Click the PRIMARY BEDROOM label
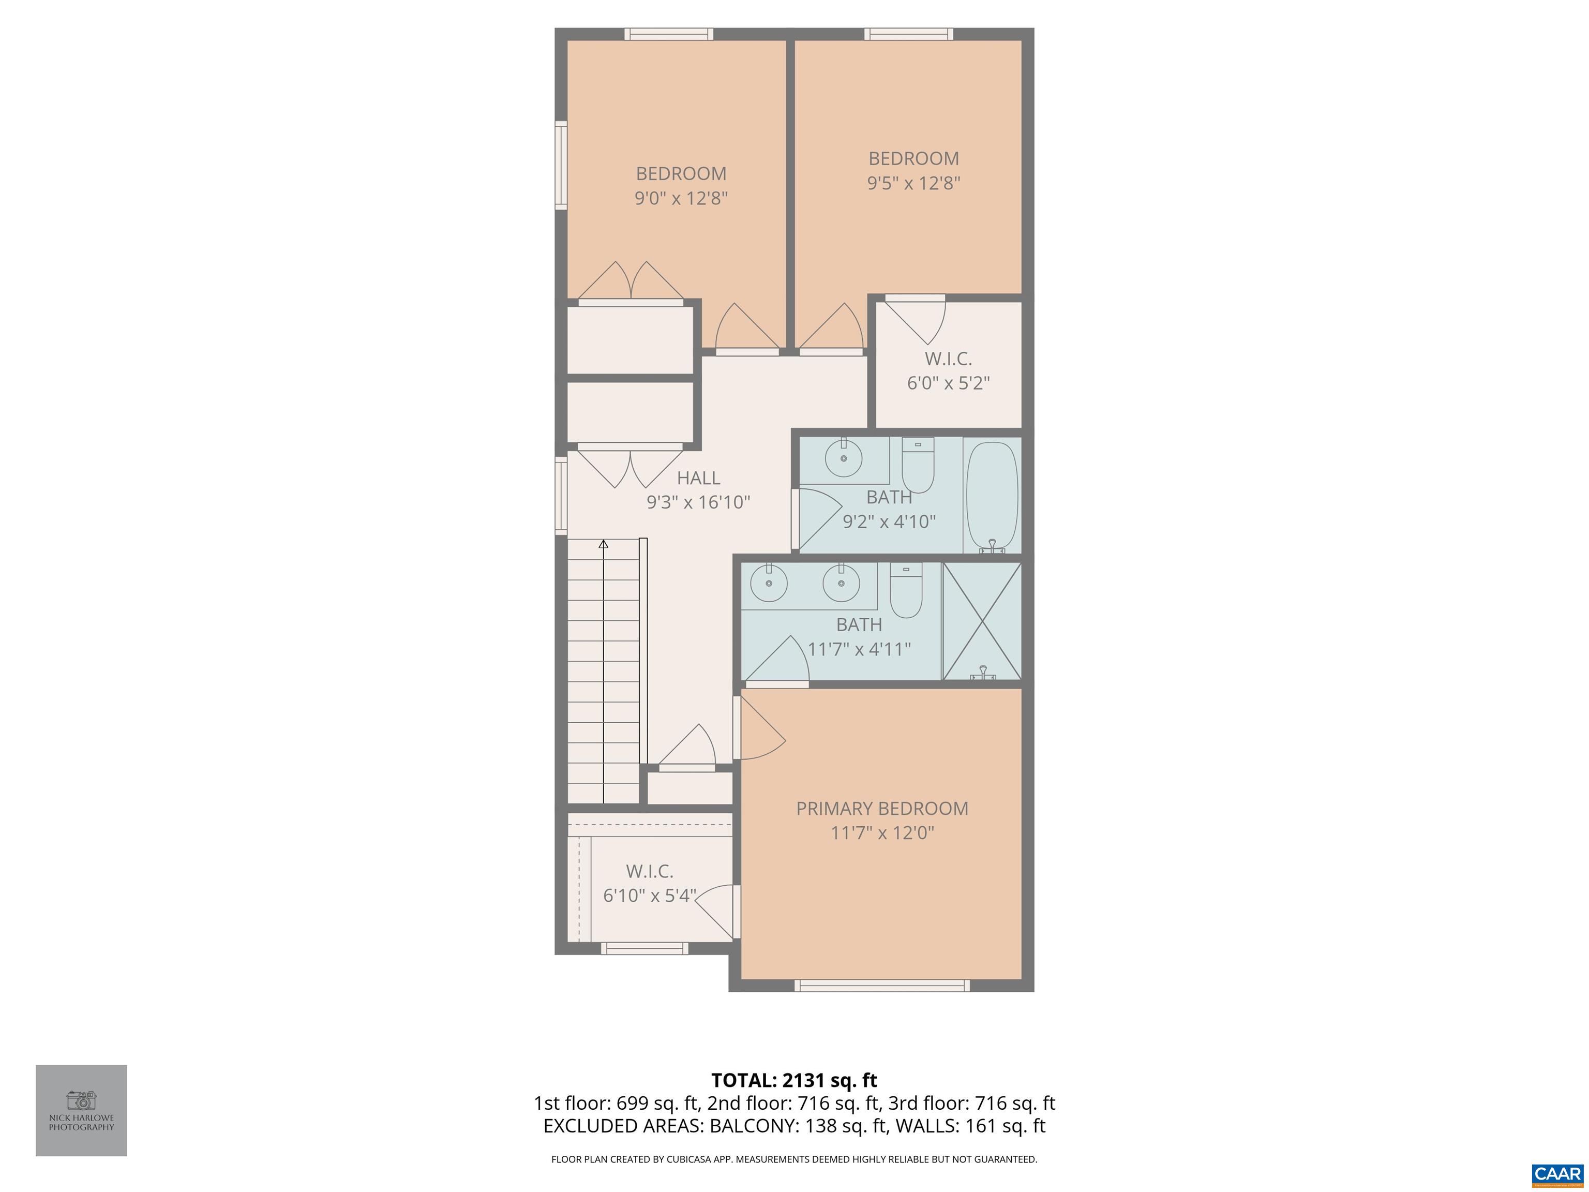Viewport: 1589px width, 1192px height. (881, 808)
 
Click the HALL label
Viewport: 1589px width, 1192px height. (698, 478)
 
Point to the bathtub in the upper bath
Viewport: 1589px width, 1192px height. (992, 496)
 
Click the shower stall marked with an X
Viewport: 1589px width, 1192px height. (981, 621)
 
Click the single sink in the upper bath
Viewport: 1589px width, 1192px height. (843, 458)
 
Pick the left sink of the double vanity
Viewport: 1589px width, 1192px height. (769, 583)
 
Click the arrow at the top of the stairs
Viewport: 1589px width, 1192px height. (604, 545)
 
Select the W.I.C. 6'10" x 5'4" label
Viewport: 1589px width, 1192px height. (649, 883)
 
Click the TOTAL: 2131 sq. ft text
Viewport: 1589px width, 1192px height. (794, 1080)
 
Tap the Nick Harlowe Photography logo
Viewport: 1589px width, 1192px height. (81, 1110)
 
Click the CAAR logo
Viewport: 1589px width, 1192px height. (1557, 1173)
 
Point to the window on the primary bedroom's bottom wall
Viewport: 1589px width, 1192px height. (881, 986)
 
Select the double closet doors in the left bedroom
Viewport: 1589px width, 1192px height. (630, 281)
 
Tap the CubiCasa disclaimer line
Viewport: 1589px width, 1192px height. (794, 1159)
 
